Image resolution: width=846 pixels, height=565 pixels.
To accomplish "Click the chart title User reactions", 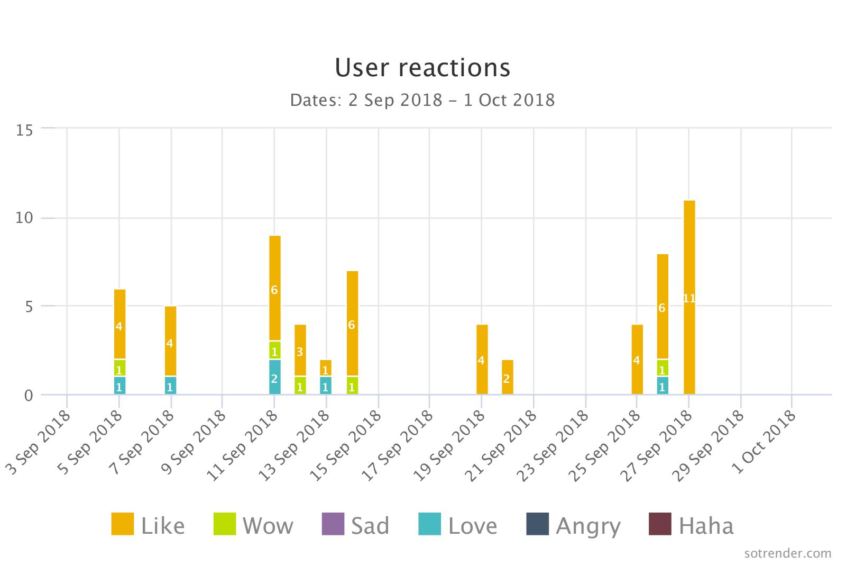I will pyautogui.click(x=422, y=67).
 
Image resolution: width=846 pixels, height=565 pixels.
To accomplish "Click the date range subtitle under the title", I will pyautogui.click(x=422, y=100).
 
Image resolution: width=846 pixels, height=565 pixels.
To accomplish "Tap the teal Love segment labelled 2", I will pyautogui.click(x=274, y=377).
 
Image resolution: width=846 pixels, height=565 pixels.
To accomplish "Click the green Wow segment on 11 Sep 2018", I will pyautogui.click(x=274, y=351).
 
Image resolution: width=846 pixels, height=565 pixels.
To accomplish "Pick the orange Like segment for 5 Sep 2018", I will pyautogui.click(x=119, y=324).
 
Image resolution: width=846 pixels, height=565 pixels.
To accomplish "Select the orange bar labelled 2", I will pyautogui.click(x=507, y=377).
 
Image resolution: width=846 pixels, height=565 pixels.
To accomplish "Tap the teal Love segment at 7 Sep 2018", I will pyautogui.click(x=170, y=385).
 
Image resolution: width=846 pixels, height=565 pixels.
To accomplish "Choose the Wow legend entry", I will pyautogui.click(x=253, y=525).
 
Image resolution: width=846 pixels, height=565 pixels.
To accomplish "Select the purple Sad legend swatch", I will pyautogui.click(x=333, y=524).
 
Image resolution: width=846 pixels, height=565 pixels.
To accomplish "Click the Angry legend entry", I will pyautogui.click(x=574, y=525).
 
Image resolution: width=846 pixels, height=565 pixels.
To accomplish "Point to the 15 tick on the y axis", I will pyautogui.click(x=25, y=130).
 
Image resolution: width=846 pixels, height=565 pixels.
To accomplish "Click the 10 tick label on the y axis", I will pyautogui.click(x=25, y=218).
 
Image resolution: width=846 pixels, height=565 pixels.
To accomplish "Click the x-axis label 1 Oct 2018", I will pyautogui.click(x=766, y=441).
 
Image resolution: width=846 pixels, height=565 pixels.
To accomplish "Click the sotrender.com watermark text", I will pyautogui.click(x=787, y=553).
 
